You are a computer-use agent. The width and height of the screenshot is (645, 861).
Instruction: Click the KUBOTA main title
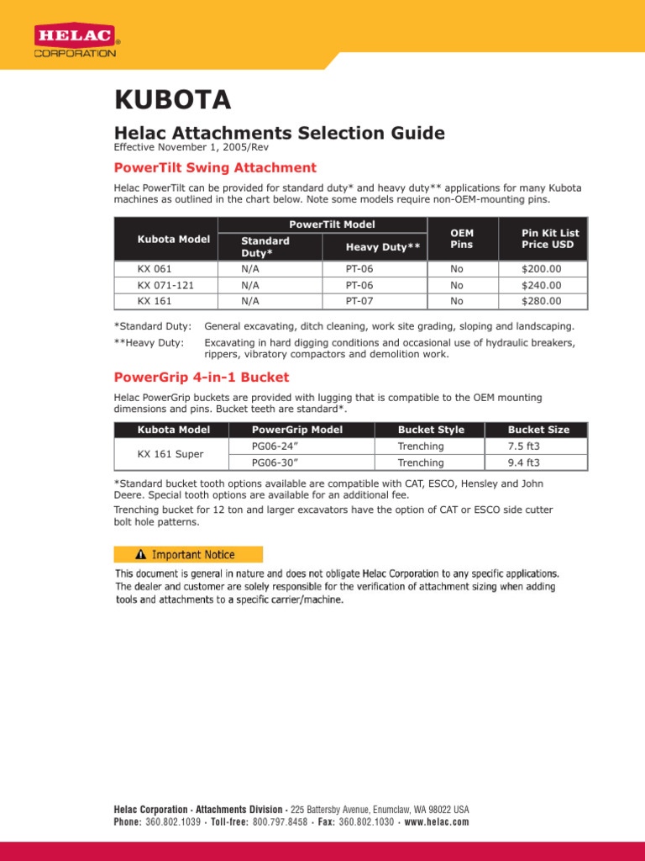coord(172,101)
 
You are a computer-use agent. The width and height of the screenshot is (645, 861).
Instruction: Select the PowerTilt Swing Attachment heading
coord(215,167)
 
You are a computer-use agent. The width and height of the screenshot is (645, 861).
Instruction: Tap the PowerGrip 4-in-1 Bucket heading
coord(201,376)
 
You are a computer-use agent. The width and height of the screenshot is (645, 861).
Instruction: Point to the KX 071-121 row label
coord(165,285)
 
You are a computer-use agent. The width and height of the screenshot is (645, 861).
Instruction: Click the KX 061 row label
coord(155,269)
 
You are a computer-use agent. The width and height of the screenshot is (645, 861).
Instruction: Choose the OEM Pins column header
coord(462,239)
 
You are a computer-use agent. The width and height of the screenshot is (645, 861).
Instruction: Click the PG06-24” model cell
coord(276,446)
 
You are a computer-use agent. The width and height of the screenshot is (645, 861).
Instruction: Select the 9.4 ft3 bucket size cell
coord(524,462)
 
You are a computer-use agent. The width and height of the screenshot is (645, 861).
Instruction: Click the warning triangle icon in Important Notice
coord(140,555)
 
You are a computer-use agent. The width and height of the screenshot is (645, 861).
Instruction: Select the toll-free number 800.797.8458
coord(280,821)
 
